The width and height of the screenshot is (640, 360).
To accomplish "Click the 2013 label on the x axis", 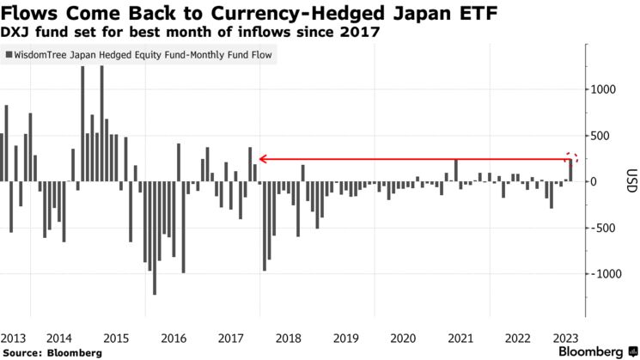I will click(12, 339).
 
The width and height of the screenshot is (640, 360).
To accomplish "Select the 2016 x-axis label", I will click(174, 339).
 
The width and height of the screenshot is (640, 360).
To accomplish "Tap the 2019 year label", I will click(346, 339).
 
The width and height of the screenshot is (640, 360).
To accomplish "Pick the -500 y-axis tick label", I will click(604, 228).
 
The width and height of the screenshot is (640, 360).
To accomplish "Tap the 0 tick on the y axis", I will click(594, 182).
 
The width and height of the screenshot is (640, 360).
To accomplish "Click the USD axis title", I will click(631, 182).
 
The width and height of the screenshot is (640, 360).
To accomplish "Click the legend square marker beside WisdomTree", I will click(9, 54).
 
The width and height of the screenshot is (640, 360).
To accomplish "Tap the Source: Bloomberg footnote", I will click(52, 353).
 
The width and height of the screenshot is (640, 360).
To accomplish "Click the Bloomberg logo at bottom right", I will click(592, 352).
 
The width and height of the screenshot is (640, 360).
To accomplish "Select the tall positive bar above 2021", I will click(456, 170).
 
